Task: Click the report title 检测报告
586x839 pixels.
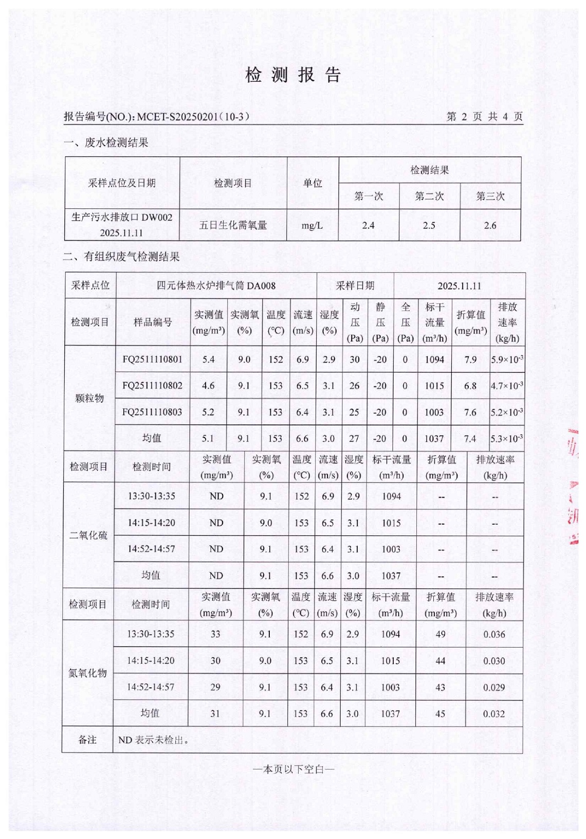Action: click(x=293, y=75)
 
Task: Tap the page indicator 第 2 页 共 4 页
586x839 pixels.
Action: click(x=484, y=117)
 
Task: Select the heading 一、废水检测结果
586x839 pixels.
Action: click(x=106, y=143)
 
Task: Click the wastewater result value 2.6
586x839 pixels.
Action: click(x=490, y=225)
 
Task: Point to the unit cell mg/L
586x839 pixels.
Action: click(x=312, y=225)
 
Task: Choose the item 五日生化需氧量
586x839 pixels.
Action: click(x=233, y=225)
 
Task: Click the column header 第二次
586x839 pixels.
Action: click(x=429, y=196)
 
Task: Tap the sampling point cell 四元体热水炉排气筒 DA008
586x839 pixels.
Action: click(x=216, y=285)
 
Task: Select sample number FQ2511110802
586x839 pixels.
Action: click(x=152, y=386)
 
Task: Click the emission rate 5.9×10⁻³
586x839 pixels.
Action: click(x=507, y=360)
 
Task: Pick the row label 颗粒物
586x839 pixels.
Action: click(x=89, y=398)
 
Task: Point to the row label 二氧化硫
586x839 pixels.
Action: click(x=88, y=535)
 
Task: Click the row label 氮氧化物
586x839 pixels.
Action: click(x=87, y=673)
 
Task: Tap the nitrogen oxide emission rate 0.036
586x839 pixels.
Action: click(x=494, y=634)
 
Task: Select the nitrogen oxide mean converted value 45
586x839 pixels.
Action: click(x=441, y=713)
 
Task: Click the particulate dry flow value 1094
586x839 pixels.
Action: click(x=434, y=360)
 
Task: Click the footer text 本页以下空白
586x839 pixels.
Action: click(x=294, y=770)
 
